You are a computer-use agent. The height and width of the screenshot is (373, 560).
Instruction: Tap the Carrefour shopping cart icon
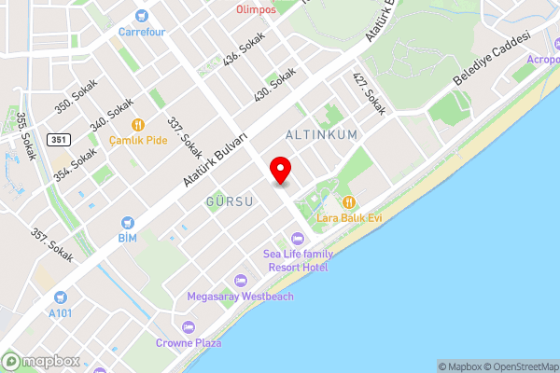142,15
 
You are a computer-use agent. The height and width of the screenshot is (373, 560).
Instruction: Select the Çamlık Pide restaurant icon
138,124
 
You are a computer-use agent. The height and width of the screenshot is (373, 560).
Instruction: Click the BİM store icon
128,223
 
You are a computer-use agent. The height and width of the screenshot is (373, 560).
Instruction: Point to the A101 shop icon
60,297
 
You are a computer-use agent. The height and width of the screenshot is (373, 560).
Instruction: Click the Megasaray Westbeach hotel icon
241,281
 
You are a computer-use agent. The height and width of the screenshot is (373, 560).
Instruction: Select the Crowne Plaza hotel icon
189,327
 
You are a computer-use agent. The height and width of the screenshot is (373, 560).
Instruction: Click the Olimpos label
255,9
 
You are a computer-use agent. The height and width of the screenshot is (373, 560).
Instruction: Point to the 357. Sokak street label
51,244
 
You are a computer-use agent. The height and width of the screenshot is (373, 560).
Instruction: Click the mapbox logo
42,361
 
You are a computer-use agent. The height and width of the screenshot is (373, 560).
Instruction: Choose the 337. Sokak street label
185,136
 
